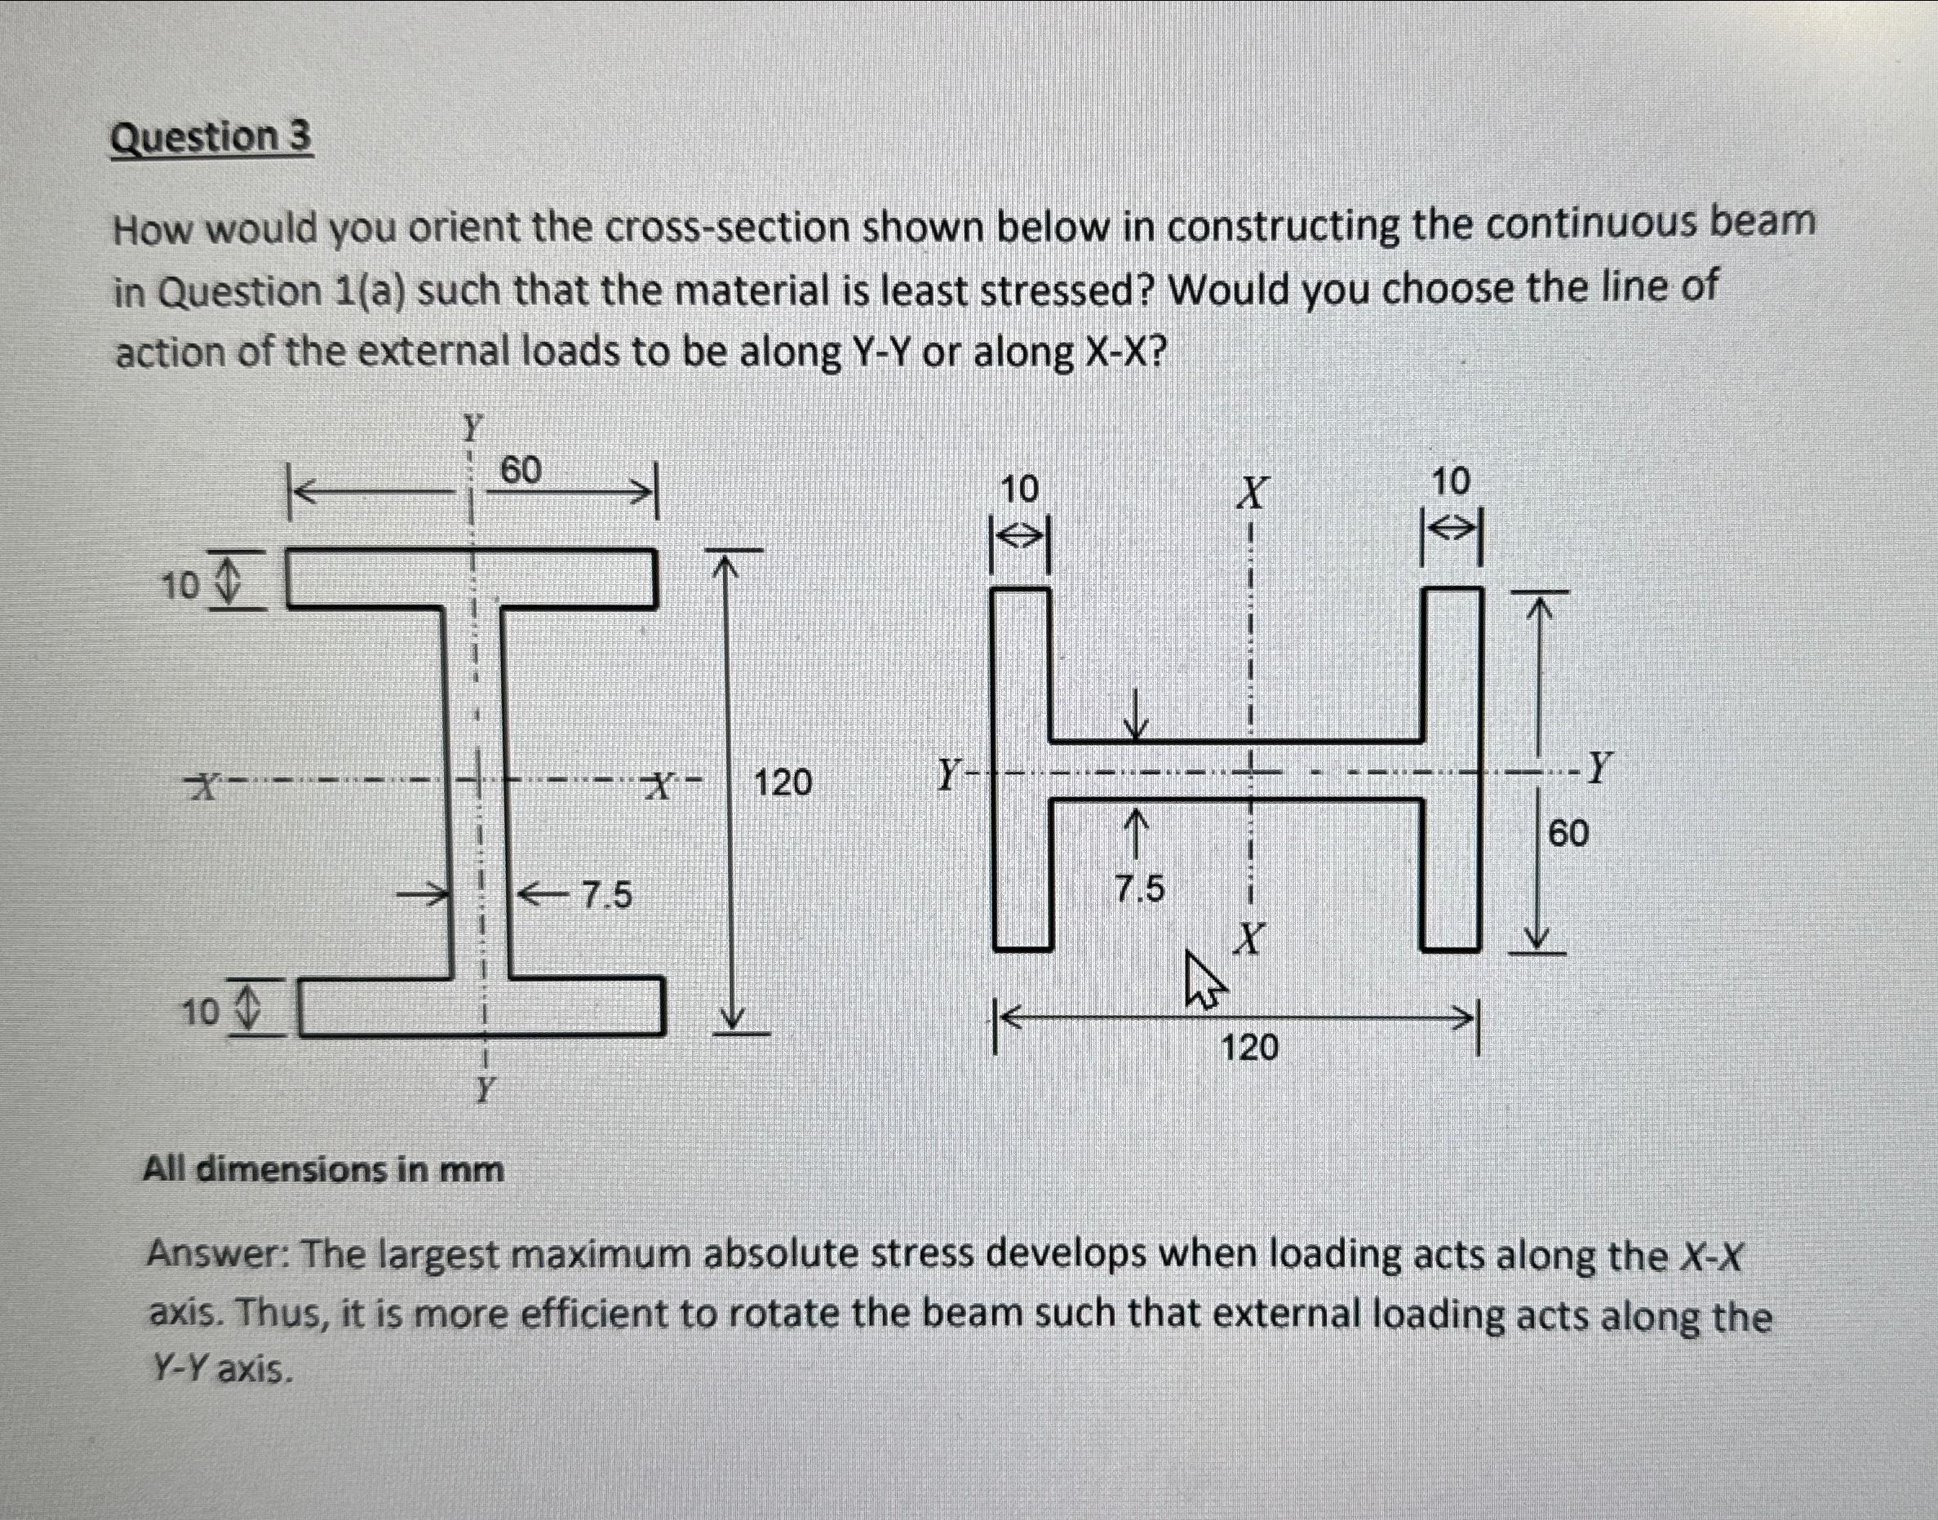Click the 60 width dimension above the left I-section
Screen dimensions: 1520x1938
[521, 471]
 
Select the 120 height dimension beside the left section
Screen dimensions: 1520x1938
[783, 783]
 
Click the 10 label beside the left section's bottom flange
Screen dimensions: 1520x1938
[200, 1012]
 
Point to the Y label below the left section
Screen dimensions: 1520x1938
[484, 1088]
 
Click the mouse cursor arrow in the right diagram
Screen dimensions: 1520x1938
[1203, 980]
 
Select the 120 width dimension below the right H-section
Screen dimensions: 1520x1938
[1249, 1048]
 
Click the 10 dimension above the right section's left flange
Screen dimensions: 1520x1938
[1020, 490]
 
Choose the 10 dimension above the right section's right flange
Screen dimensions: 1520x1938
[1452, 482]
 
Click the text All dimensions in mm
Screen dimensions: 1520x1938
[323, 1168]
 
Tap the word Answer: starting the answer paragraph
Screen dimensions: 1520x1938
[216, 1256]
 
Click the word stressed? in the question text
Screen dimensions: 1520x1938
[1064, 291]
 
